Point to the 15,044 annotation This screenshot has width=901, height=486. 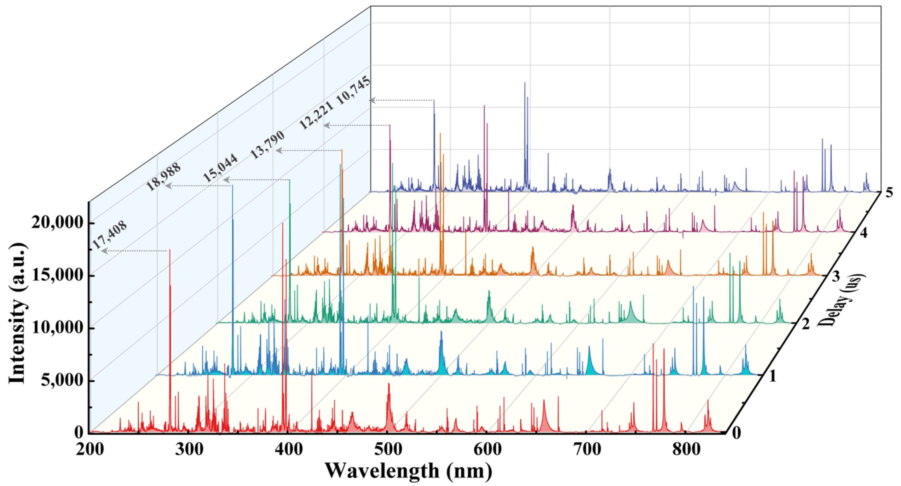coord(221,168)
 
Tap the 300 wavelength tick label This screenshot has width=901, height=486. coord(188,449)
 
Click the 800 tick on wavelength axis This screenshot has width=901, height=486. coord(686,449)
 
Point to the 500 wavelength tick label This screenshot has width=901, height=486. coord(388,449)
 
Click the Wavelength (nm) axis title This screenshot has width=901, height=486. coord(408,471)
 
